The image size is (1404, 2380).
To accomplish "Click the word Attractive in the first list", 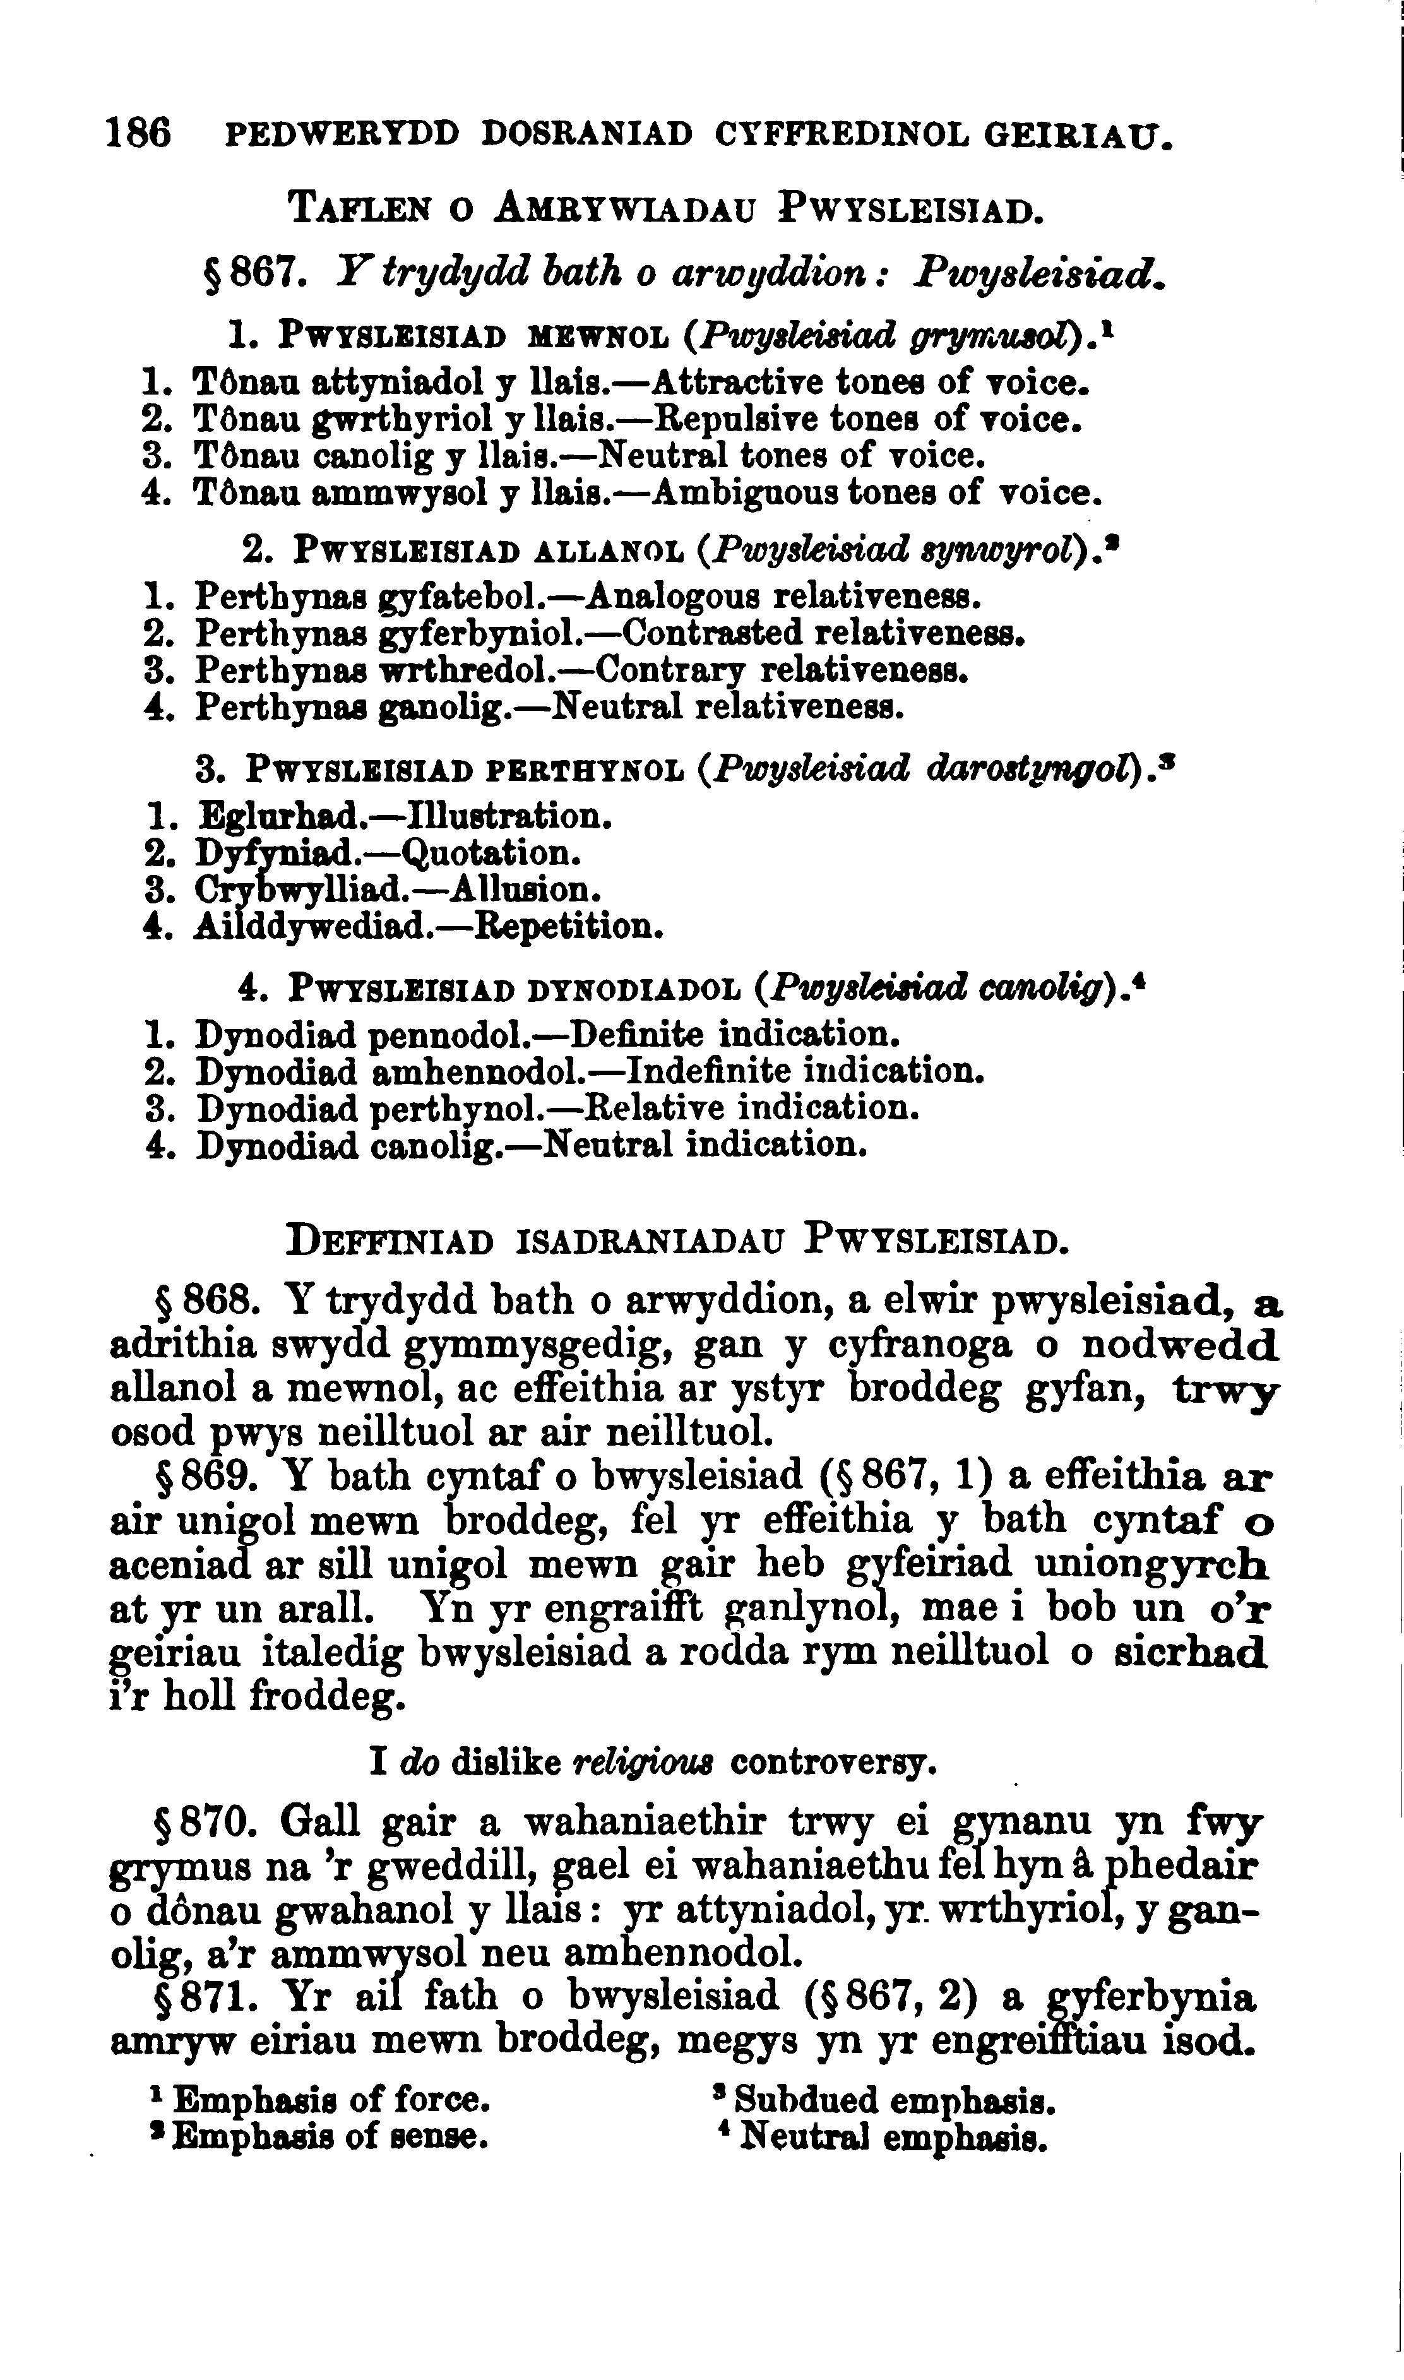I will pos(734,383).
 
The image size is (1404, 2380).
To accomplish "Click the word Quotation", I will pos(490,854).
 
